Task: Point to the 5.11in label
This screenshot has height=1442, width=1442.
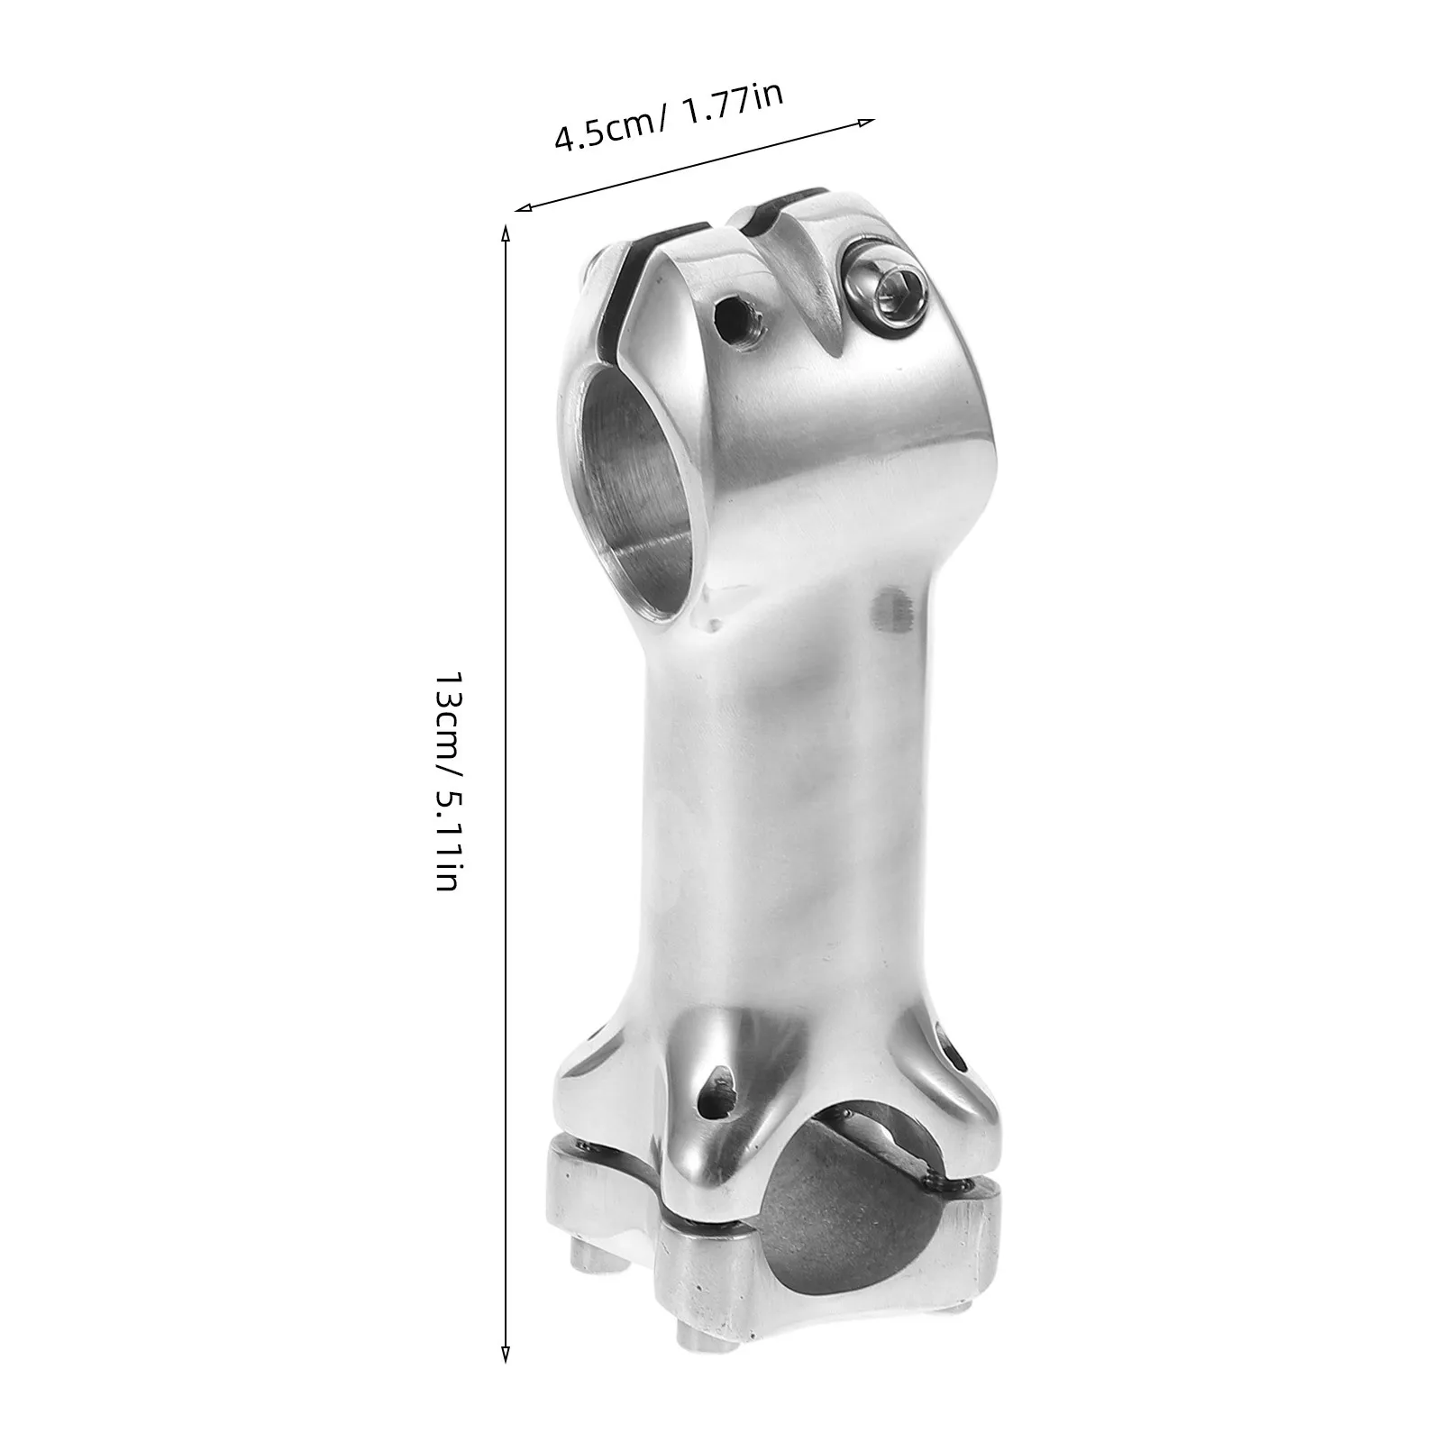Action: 448,839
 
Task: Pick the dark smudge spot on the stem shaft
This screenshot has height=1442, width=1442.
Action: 893,613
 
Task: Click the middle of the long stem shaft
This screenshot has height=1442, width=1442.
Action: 766,811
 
